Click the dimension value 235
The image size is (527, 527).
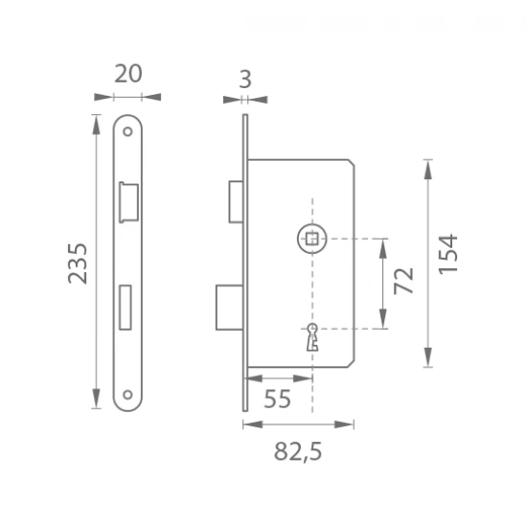click(78, 263)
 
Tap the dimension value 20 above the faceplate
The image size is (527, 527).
click(128, 74)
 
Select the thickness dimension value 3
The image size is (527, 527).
click(245, 80)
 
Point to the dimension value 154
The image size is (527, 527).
click(448, 255)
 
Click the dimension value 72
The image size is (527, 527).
click(404, 281)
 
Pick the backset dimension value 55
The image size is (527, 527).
click(277, 399)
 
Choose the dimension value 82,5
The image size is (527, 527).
click(298, 451)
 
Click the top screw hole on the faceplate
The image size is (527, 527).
click(127, 131)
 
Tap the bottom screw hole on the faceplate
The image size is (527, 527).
click(127, 395)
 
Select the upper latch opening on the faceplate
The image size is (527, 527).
click(128, 202)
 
